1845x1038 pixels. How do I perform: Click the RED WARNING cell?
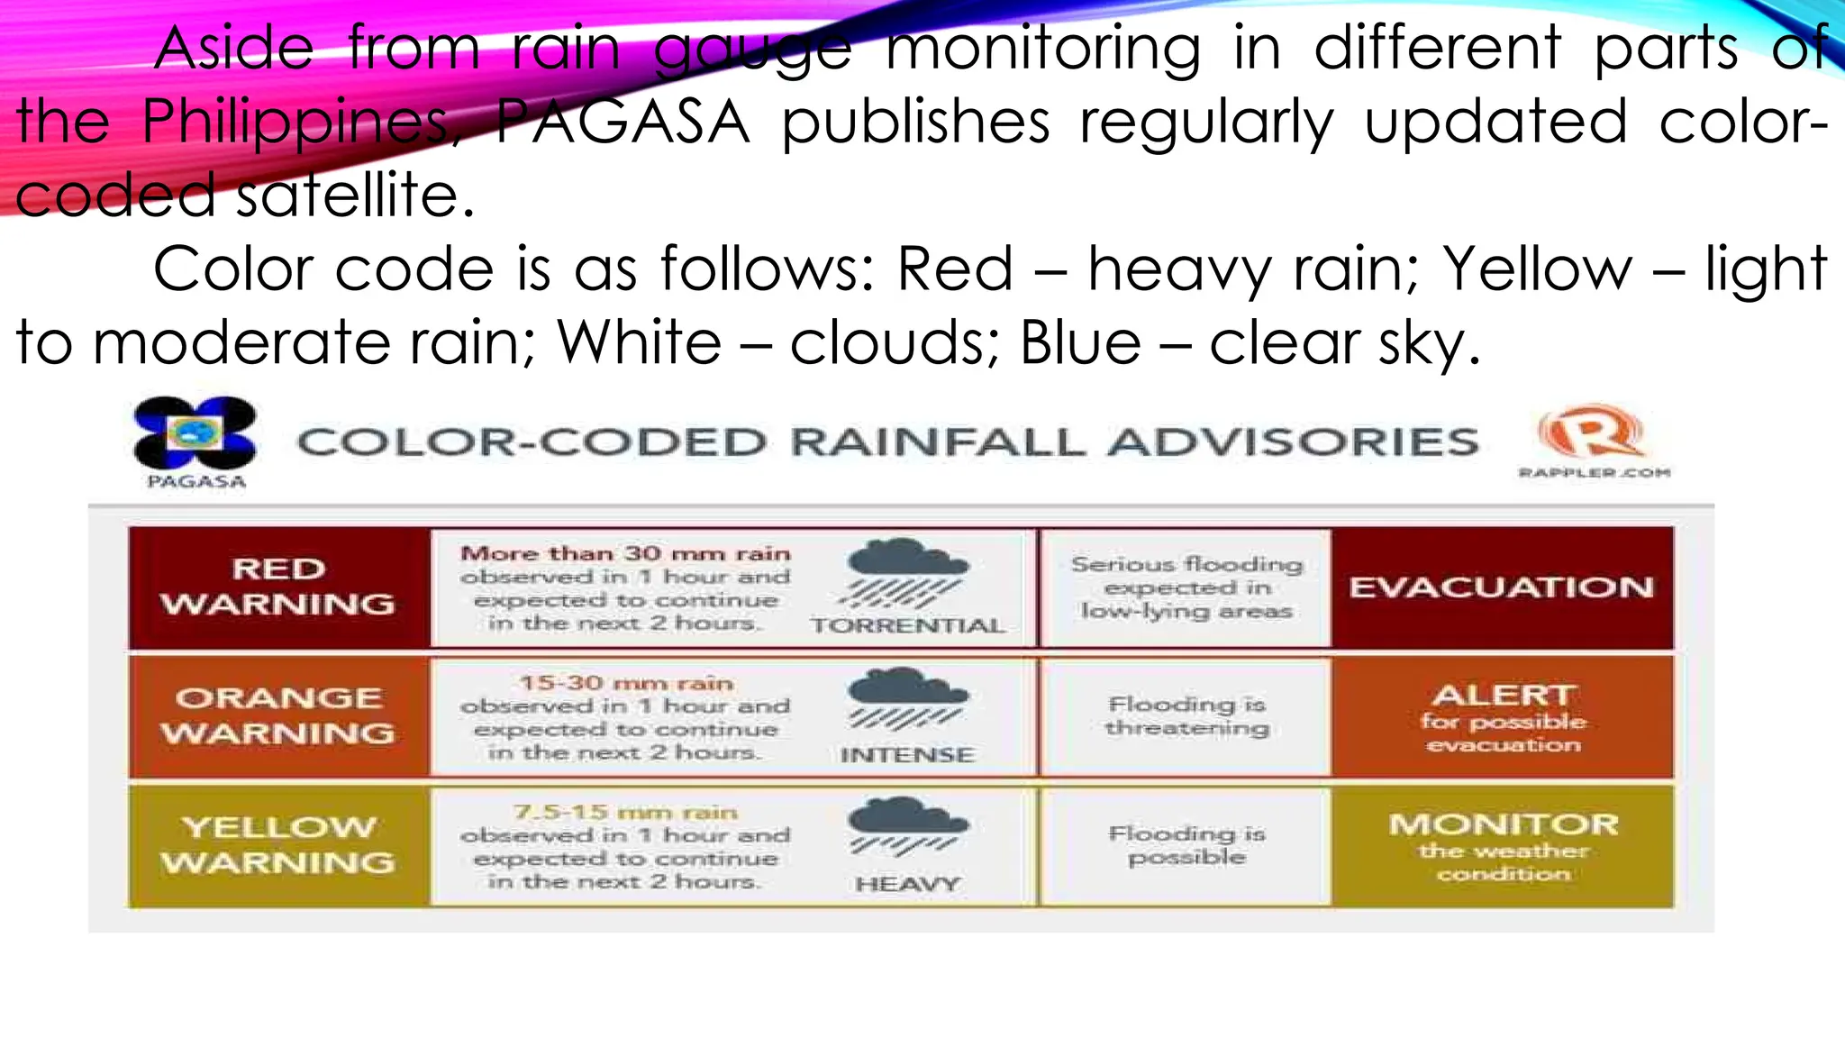(278, 587)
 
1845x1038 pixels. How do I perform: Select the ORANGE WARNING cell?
(278, 716)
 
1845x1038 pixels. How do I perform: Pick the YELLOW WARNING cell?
(278, 845)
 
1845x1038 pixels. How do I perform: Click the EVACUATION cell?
(1502, 587)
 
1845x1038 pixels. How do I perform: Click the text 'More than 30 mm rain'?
(625, 553)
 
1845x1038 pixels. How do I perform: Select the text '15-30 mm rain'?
(625, 683)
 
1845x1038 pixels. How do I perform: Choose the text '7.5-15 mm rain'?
(625, 813)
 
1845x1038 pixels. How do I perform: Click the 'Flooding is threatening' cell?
(1186, 716)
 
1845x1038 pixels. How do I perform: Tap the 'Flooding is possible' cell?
(1186, 845)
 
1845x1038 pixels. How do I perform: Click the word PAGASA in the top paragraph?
(623, 122)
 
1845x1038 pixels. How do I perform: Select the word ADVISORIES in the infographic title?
(1293, 442)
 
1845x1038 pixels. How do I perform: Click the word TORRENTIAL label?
(907, 625)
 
